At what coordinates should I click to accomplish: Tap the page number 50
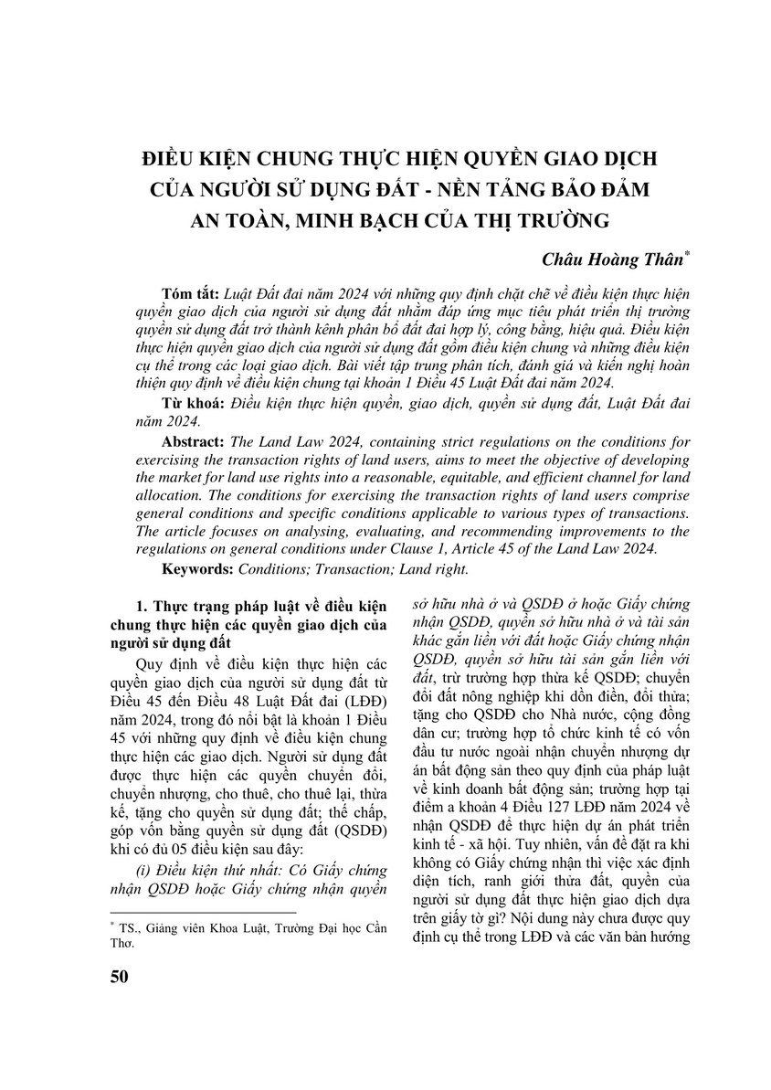pos(119,976)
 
